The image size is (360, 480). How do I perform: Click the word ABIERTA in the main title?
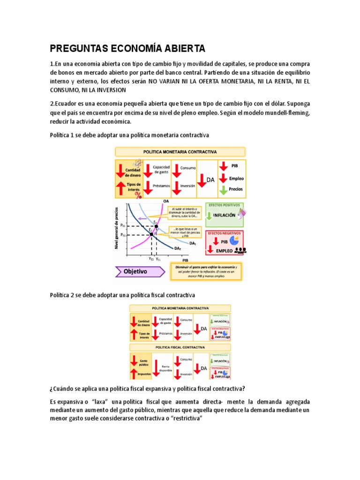178,48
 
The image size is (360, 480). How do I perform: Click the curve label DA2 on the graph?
178,248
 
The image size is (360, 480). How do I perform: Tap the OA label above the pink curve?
166,201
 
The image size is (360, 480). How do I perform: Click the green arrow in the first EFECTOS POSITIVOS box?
209,216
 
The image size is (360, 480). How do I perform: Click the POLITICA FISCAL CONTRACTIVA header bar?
180,348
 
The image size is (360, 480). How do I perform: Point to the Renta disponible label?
165,368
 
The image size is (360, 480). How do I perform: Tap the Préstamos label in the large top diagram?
161,186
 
